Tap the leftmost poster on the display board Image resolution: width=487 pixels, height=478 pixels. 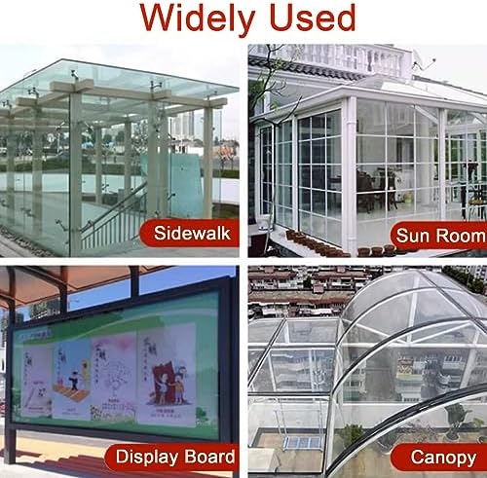click(34, 380)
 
